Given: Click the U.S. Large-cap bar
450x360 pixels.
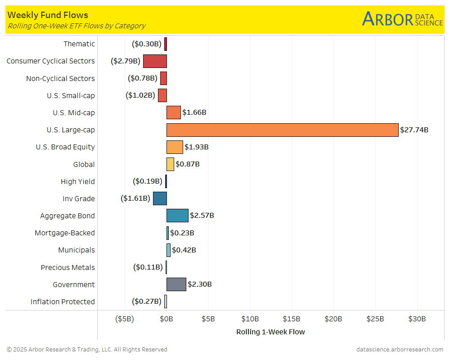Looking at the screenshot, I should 283,130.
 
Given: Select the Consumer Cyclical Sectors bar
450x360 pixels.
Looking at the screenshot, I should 155,61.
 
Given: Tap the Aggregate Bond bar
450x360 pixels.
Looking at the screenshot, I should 177,216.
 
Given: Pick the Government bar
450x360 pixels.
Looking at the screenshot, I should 176,284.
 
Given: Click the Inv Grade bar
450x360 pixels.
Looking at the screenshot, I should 160,198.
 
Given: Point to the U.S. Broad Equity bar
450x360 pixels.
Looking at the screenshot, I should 175,147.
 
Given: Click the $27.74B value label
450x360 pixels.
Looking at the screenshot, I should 414,130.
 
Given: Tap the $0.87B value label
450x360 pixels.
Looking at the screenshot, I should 188,164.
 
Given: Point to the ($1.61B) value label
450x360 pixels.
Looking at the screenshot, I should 135,198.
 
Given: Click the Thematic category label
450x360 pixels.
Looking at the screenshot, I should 79,44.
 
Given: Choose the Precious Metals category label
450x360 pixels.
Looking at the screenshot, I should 68,267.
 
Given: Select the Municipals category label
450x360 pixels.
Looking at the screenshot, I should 76,250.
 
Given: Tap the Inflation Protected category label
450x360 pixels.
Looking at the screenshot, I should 63,301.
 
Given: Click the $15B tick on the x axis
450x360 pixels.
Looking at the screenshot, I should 292,319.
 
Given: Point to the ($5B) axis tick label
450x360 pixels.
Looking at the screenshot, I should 125,319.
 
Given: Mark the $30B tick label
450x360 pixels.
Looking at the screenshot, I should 417,319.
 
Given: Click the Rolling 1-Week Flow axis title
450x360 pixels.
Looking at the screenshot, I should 270,332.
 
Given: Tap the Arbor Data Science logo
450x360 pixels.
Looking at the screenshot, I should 402,19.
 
